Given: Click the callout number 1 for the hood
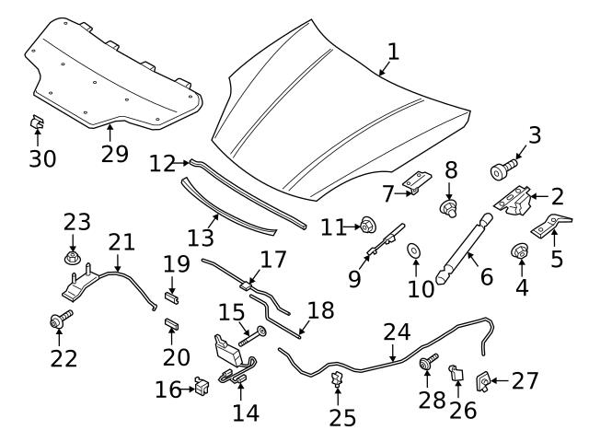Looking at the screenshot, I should point(393,52).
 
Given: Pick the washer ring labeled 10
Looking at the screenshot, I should point(415,249).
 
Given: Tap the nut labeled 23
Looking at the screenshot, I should point(74,256).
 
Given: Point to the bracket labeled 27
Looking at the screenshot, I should point(480,379).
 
